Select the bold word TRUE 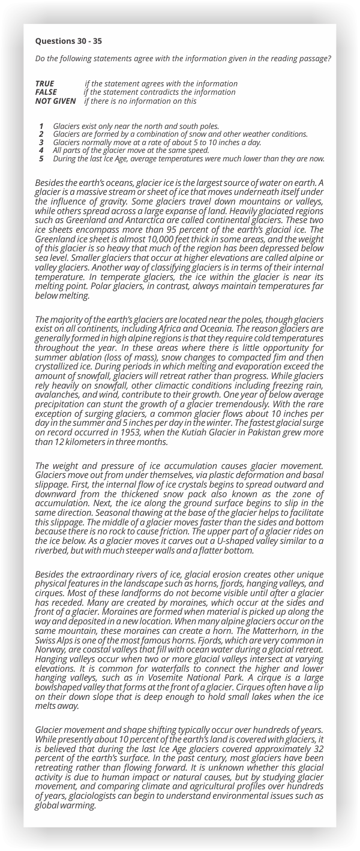click(x=44, y=83)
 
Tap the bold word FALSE click(x=46, y=92)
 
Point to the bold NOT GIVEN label click(x=55, y=101)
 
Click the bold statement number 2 click(x=41, y=134)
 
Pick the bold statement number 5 click(x=41, y=158)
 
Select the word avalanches click(x=55, y=402)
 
